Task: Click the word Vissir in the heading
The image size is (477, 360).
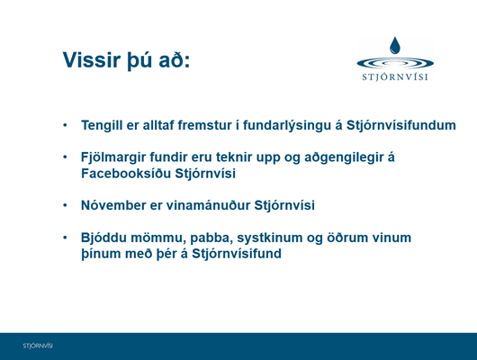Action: tap(92, 60)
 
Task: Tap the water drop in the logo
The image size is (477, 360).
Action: tap(395, 45)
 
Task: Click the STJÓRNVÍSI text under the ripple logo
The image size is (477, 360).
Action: tap(395, 77)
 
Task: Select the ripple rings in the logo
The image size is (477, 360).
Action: tap(395, 63)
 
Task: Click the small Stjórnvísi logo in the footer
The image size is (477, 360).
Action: tap(38, 346)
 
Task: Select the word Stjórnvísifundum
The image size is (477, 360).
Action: tap(400, 125)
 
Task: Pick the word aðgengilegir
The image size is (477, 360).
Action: tap(344, 157)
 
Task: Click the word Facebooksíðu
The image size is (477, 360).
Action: tap(126, 174)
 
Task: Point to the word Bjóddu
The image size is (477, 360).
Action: tap(103, 238)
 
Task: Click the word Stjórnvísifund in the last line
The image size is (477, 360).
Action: tap(237, 254)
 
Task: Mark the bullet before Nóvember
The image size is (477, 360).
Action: tap(65, 205)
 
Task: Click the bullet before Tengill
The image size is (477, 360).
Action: tap(65, 125)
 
